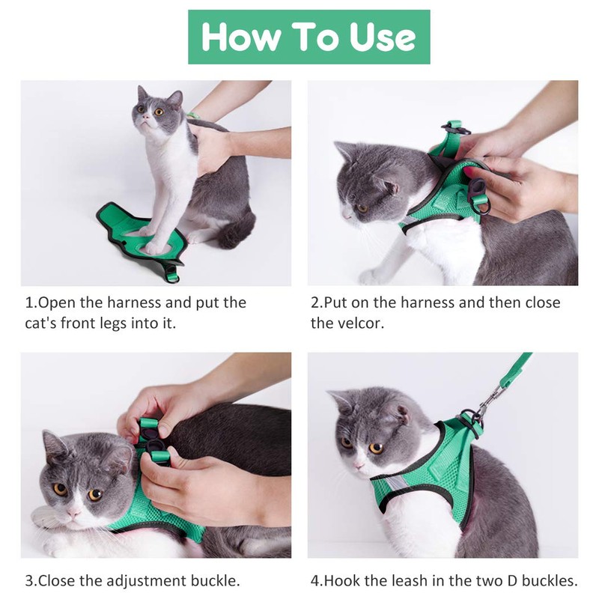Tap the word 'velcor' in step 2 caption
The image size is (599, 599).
(x=360, y=323)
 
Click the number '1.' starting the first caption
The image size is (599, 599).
(x=31, y=303)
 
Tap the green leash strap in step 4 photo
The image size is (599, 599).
(x=517, y=371)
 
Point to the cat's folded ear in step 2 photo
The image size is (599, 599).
(x=387, y=184)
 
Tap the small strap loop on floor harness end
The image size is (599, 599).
(x=173, y=273)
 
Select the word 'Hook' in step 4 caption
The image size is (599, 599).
(x=338, y=580)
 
